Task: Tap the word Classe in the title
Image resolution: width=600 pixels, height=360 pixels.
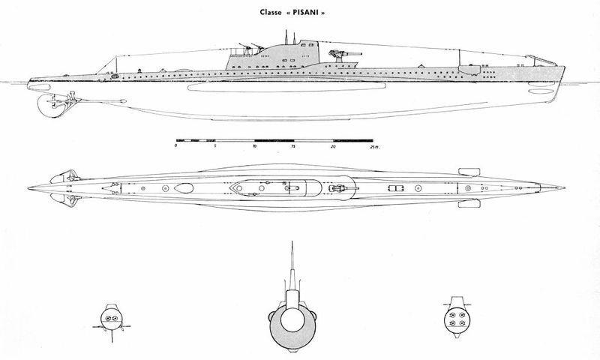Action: click(x=270, y=12)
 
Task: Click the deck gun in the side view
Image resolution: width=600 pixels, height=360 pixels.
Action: click(x=343, y=55)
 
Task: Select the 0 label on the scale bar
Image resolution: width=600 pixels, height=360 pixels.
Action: click(x=175, y=146)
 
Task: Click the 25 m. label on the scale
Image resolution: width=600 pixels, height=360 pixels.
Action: click(x=374, y=146)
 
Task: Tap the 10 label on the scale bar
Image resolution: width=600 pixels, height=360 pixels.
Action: click(x=254, y=146)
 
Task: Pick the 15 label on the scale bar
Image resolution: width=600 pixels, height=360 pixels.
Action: click(x=293, y=146)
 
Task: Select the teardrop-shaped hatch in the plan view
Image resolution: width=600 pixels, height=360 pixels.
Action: click(x=184, y=188)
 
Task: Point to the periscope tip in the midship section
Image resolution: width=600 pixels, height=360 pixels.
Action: click(x=292, y=242)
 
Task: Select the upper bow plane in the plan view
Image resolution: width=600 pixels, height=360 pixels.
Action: click(x=469, y=172)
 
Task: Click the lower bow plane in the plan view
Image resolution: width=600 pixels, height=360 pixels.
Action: click(x=469, y=203)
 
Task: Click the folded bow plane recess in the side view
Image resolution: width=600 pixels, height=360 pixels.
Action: click(x=469, y=70)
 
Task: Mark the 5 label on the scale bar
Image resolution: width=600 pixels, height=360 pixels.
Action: click(x=215, y=146)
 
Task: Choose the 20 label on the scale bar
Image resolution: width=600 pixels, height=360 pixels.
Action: click(x=333, y=146)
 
